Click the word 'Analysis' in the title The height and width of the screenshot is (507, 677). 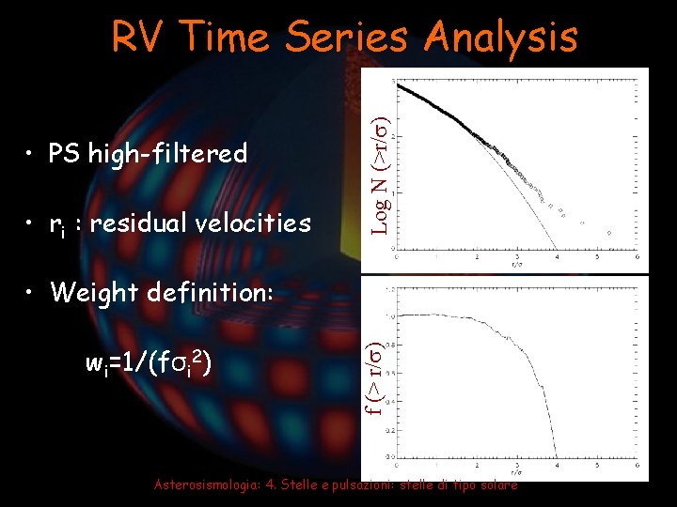501,38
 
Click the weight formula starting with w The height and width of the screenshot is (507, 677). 147,361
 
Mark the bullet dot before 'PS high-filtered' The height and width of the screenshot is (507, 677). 32,154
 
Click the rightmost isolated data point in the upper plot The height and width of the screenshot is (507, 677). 609,232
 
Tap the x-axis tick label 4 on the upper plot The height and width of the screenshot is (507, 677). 557,255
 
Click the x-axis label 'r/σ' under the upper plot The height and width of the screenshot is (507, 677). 515,265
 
